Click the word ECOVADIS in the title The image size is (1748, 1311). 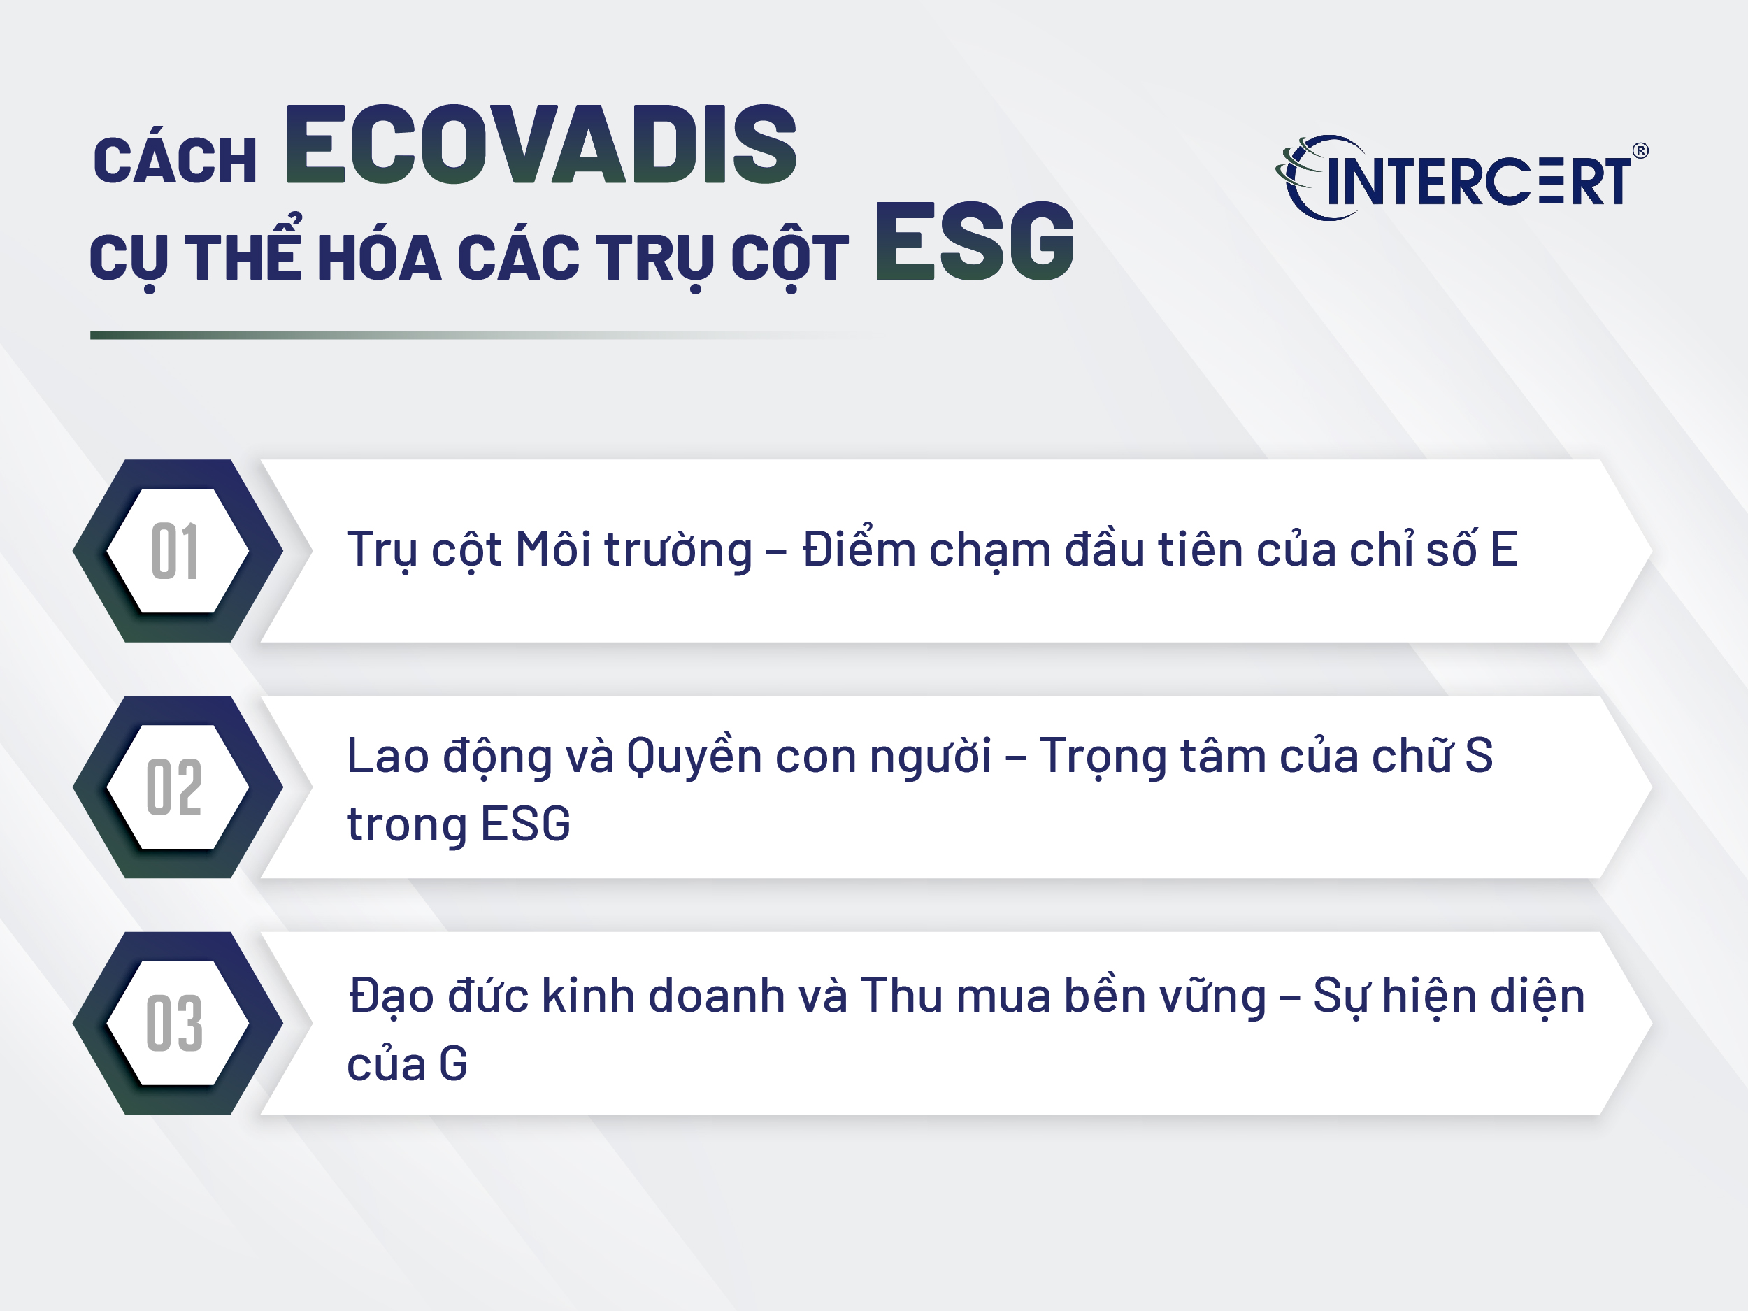(x=540, y=145)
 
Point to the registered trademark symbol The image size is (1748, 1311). (x=1640, y=150)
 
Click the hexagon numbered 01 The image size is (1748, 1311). (x=178, y=551)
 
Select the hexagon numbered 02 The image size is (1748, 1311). (x=178, y=787)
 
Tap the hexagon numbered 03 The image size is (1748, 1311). (x=178, y=1024)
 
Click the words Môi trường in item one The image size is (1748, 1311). (x=633, y=549)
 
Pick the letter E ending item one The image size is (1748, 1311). (x=1503, y=549)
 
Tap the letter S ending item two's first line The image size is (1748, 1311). (x=1479, y=755)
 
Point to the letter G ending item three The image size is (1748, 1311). (x=454, y=1063)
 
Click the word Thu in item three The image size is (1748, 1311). (x=901, y=995)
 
